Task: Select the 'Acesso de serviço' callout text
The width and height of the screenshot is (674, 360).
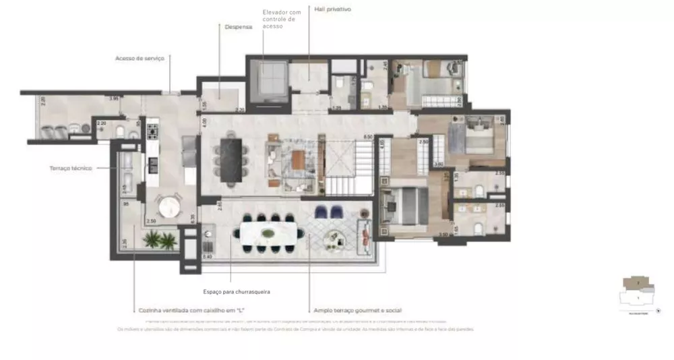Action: pos(140,59)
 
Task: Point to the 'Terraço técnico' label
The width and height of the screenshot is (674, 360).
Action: pos(71,168)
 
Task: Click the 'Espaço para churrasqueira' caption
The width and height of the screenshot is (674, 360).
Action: pos(231,292)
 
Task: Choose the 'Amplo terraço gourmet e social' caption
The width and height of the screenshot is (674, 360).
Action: pos(357,311)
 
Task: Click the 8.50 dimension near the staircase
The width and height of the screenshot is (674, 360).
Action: pos(368,137)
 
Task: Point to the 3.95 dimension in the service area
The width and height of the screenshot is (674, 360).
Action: pos(114,99)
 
